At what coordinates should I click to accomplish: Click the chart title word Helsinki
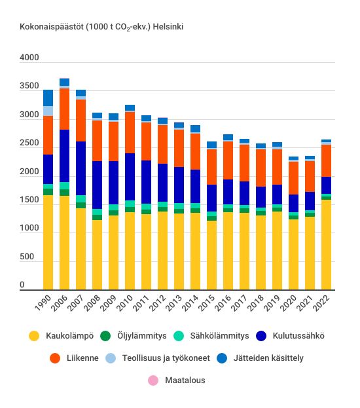click(x=168, y=27)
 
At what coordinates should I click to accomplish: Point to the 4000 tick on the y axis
click(x=29, y=58)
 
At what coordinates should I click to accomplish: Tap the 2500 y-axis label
click(x=29, y=143)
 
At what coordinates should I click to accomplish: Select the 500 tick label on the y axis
click(x=27, y=257)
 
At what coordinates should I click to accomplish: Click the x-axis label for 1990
click(x=43, y=303)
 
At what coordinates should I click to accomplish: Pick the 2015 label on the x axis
click(x=207, y=303)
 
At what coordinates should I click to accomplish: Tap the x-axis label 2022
click(x=321, y=303)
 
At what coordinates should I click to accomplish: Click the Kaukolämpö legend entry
click(x=62, y=336)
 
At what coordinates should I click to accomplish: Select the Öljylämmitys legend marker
click(x=105, y=336)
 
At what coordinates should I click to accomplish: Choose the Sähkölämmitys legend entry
click(x=211, y=336)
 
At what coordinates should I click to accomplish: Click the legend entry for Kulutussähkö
click(x=290, y=336)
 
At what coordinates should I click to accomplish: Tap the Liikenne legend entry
click(x=74, y=358)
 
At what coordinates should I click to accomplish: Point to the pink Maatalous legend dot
click(x=153, y=380)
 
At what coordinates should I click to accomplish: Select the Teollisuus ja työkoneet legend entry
click(x=158, y=358)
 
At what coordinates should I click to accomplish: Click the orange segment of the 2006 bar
click(x=65, y=109)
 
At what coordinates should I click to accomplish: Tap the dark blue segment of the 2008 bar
click(x=98, y=185)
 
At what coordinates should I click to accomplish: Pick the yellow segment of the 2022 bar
click(x=327, y=244)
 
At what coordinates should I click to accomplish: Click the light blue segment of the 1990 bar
click(x=48, y=111)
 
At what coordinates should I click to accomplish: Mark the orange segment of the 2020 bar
click(x=294, y=178)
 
